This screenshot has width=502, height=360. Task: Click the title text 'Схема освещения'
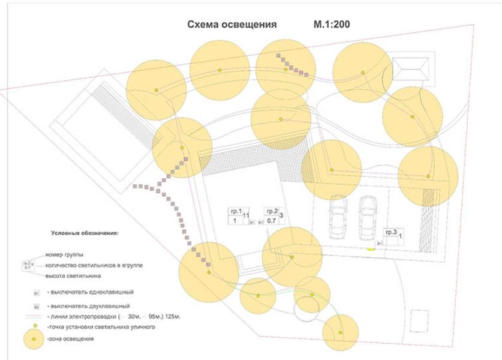pyautogui.click(x=232, y=25)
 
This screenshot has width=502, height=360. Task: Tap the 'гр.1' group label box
pyautogui.click(x=235, y=211)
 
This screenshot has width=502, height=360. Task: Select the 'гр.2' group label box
pyautogui.click(x=271, y=211)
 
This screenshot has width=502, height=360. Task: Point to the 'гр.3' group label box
pyautogui.click(x=391, y=232)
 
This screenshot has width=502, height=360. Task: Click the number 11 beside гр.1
pyautogui.click(x=246, y=214)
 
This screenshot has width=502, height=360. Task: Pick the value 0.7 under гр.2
pyautogui.click(x=271, y=221)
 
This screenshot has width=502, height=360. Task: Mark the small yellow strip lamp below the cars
pyautogui.click(x=371, y=248)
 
